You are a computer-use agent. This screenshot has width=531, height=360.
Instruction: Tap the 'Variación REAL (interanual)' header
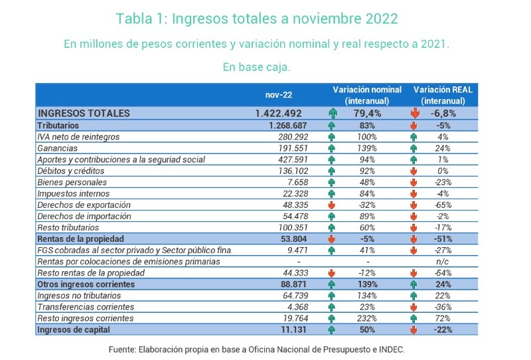click(443, 94)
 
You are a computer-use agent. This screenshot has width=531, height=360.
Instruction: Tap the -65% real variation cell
click(443, 205)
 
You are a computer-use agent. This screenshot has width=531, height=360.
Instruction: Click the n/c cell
click(443, 261)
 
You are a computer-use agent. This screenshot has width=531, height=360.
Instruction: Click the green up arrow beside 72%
click(414, 318)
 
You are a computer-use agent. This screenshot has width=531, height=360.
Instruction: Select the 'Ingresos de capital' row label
click(72, 329)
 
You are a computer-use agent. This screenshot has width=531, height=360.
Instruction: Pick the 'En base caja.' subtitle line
click(257, 67)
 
